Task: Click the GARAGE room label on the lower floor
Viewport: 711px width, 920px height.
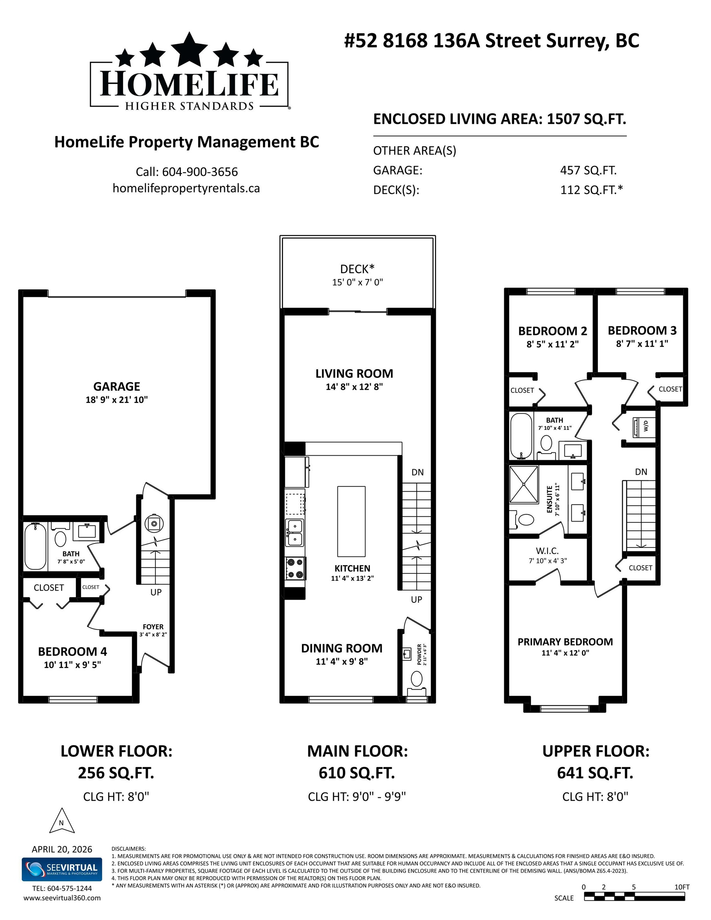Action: tap(117, 386)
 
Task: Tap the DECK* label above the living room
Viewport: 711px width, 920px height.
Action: tap(357, 268)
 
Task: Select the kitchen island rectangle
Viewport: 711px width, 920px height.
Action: tap(351, 521)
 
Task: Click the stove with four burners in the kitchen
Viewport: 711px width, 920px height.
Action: tap(295, 568)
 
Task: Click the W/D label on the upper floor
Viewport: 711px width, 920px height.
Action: tap(645, 427)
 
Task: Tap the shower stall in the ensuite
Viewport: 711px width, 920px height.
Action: tap(524, 484)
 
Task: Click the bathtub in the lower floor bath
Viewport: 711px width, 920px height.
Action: tap(35, 546)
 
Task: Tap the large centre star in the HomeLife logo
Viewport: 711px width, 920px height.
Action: tap(189, 49)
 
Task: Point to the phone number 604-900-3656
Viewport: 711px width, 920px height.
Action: tap(200, 172)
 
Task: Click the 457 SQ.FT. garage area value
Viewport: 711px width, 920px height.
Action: tap(588, 170)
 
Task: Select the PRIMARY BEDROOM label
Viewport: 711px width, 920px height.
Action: tap(565, 642)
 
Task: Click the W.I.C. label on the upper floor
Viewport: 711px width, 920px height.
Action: tap(548, 551)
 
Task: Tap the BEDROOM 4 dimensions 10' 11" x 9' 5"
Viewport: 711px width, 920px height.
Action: tap(72, 665)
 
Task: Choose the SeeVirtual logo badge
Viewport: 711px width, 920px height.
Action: tap(62, 869)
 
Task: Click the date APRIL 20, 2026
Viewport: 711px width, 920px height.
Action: tap(62, 849)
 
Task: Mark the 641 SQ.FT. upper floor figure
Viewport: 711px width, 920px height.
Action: tap(595, 773)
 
